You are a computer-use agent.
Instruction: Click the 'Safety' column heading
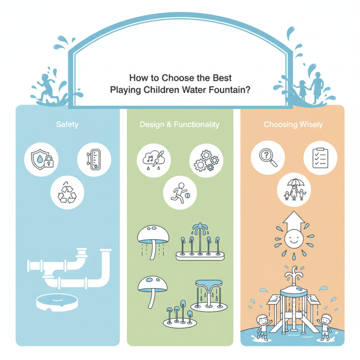(x=67, y=125)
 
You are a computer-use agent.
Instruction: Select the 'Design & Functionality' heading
(x=180, y=125)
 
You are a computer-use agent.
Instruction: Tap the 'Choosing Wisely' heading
(x=293, y=125)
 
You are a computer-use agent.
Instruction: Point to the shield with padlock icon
(x=42, y=160)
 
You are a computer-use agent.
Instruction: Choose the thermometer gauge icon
(x=94, y=159)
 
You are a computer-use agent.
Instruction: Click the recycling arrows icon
(x=67, y=193)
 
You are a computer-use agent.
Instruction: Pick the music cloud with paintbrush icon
(x=153, y=160)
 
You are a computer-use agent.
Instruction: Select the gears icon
(x=207, y=161)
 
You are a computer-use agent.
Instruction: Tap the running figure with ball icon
(x=180, y=193)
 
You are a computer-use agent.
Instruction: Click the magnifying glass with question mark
(x=268, y=157)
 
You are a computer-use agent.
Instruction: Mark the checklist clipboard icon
(x=320, y=158)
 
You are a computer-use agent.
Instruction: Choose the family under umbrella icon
(x=294, y=189)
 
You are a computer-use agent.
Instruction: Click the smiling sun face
(x=294, y=238)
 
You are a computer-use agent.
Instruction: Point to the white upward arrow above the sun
(x=294, y=220)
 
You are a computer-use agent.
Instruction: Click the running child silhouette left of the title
(x=48, y=88)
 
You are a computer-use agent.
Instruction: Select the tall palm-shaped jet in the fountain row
(x=200, y=238)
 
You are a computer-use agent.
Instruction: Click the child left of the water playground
(x=263, y=328)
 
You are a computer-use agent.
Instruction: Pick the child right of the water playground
(x=324, y=327)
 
